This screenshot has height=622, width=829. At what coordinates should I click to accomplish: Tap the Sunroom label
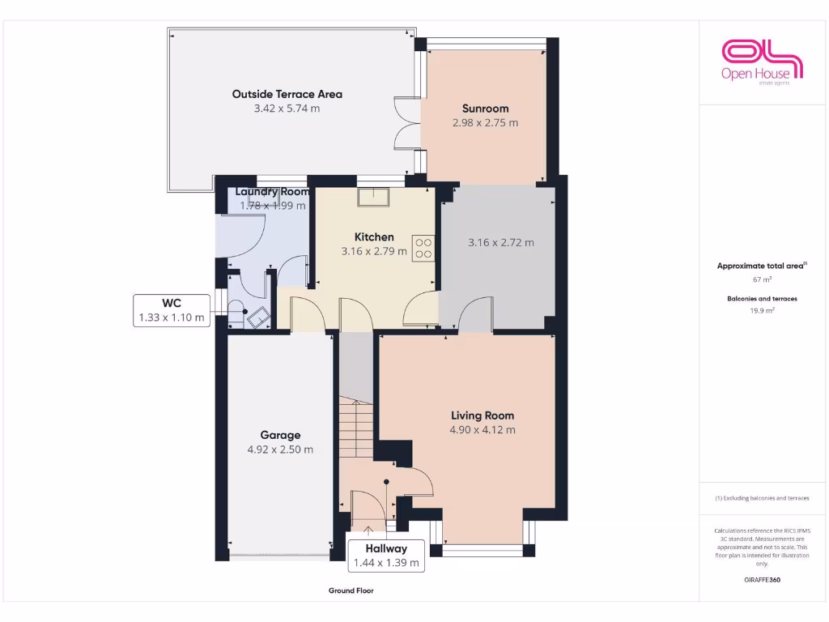[x=485, y=109]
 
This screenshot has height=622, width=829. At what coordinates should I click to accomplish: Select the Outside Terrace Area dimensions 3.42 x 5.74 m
[x=287, y=109]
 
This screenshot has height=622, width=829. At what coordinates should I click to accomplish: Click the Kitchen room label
[x=374, y=236]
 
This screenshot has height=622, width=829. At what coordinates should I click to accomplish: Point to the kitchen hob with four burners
[x=423, y=247]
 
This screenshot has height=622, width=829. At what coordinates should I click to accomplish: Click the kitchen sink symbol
[x=373, y=195]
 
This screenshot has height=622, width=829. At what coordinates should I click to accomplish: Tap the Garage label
[x=280, y=435]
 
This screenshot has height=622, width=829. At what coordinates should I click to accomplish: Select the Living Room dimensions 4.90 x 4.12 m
[x=483, y=430]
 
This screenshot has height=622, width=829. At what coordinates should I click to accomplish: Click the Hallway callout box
[x=385, y=556]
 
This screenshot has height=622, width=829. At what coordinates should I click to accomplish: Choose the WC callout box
[x=172, y=311]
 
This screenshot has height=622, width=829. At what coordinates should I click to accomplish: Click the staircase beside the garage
[x=356, y=429]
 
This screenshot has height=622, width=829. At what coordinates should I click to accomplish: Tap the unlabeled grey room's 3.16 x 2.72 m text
[x=500, y=242]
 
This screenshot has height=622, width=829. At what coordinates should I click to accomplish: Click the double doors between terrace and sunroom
[x=406, y=123]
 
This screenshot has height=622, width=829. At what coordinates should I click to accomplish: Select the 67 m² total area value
[x=761, y=279]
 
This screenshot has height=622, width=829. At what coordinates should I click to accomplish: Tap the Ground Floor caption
[x=351, y=590]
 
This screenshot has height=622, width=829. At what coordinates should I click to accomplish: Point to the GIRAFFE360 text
[x=761, y=580]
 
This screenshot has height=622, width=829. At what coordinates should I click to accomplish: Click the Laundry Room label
[x=272, y=192]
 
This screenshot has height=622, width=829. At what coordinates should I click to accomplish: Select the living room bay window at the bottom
[x=483, y=551]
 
